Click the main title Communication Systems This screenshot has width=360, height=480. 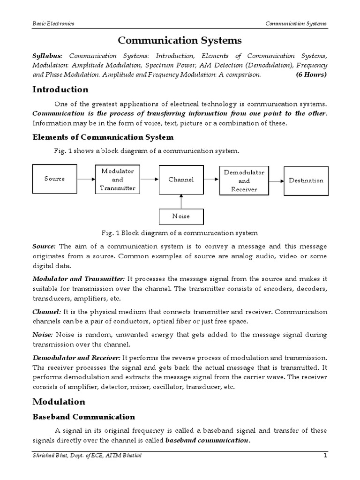point(180,41)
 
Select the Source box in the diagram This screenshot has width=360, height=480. point(54,179)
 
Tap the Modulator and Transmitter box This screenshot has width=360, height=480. point(118,180)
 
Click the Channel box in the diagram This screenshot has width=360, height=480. point(181,180)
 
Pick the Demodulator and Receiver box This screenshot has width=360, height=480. point(244,180)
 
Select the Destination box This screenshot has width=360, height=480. point(306,180)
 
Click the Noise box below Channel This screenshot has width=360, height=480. point(181,217)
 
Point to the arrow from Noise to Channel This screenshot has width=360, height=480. point(181,202)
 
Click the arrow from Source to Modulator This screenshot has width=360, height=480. point(86,179)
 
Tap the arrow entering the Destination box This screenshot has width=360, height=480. point(276,180)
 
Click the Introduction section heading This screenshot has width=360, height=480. point(60,90)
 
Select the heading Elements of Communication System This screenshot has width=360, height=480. point(103,137)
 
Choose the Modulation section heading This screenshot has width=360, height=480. point(59,402)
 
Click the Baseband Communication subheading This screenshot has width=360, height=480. point(83,417)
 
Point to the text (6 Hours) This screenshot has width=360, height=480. point(311,75)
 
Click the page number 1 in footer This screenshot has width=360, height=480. point(324,456)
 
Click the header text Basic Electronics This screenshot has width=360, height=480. point(53,23)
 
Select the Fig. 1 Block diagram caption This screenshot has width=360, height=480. point(180,233)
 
